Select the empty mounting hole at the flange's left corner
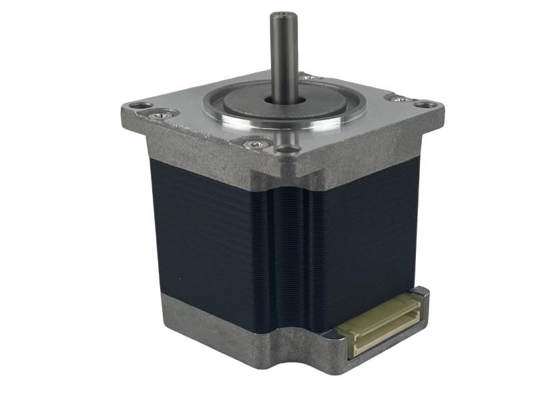[x=139, y=106]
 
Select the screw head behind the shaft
[x=308, y=78]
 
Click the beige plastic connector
[x=380, y=323]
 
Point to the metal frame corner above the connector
[x=421, y=292]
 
